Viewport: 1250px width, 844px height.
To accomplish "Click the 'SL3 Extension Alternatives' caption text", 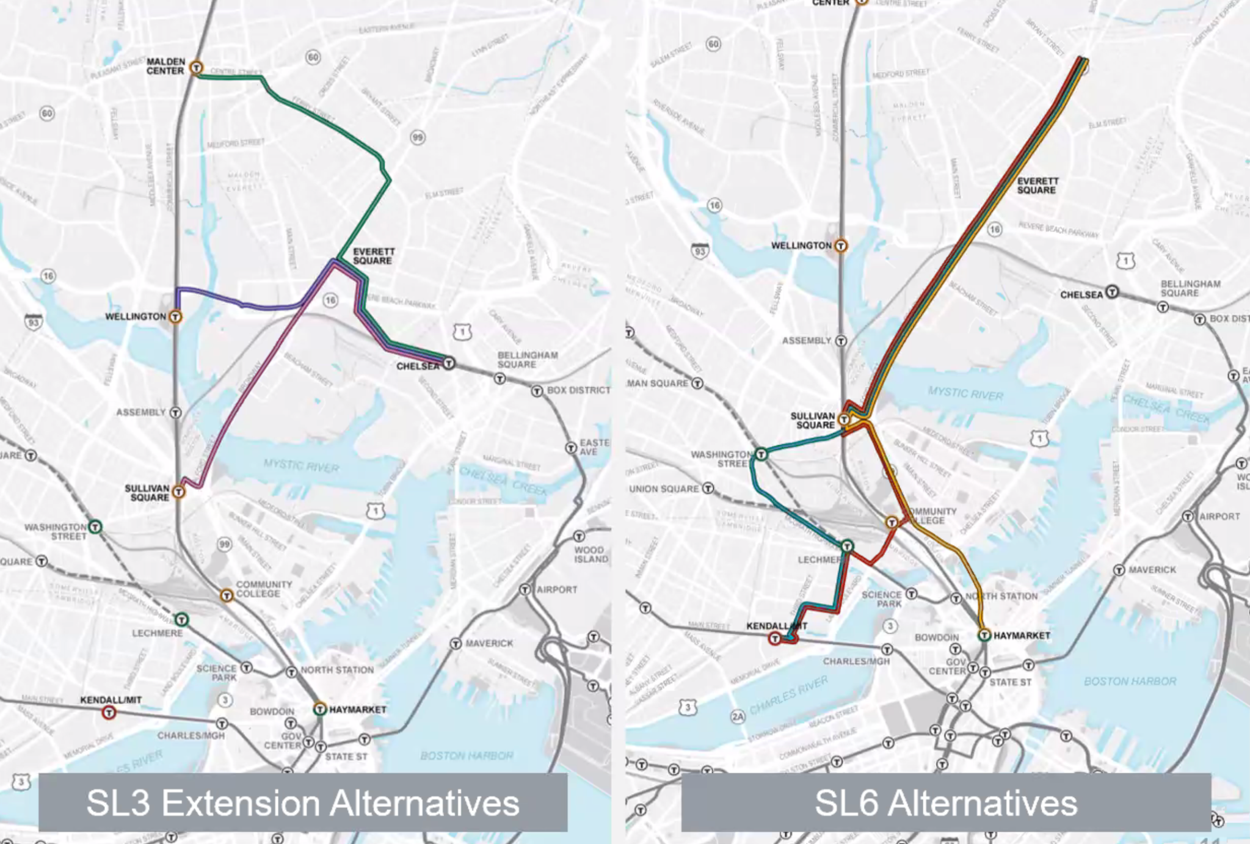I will pos(302,802).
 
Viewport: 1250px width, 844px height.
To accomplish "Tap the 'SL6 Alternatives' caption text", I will pos(945,802).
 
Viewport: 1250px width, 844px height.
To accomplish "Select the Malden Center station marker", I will pos(196,67).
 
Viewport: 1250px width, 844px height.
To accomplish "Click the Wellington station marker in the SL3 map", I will pos(175,316).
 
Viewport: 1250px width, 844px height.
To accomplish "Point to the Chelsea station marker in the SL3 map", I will pos(449,363).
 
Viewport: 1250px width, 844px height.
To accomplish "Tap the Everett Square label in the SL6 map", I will pos(1037,186).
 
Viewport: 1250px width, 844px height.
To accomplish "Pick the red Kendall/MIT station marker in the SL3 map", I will pos(109,712).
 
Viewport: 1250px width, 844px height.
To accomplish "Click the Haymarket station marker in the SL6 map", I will pos(984,635).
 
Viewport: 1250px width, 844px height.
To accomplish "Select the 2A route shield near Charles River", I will pos(738,716).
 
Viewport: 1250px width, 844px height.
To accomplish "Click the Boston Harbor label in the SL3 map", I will pos(467,755).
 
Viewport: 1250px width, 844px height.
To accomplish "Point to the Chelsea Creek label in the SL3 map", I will pos(503,481).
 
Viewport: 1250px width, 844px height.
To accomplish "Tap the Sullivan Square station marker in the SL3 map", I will pos(178,492).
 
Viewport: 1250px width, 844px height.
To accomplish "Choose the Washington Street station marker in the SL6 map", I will pos(761,454).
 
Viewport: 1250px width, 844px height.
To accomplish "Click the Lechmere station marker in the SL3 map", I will pos(181,620).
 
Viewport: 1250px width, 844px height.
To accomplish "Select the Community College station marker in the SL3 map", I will pos(227,595).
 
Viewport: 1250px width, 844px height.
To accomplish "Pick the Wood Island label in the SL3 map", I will pos(590,555).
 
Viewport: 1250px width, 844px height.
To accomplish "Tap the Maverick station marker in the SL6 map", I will pos(1119,570).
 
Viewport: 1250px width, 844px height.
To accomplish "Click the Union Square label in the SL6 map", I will pos(664,489).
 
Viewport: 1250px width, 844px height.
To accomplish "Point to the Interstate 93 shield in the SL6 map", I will pos(700,251).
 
